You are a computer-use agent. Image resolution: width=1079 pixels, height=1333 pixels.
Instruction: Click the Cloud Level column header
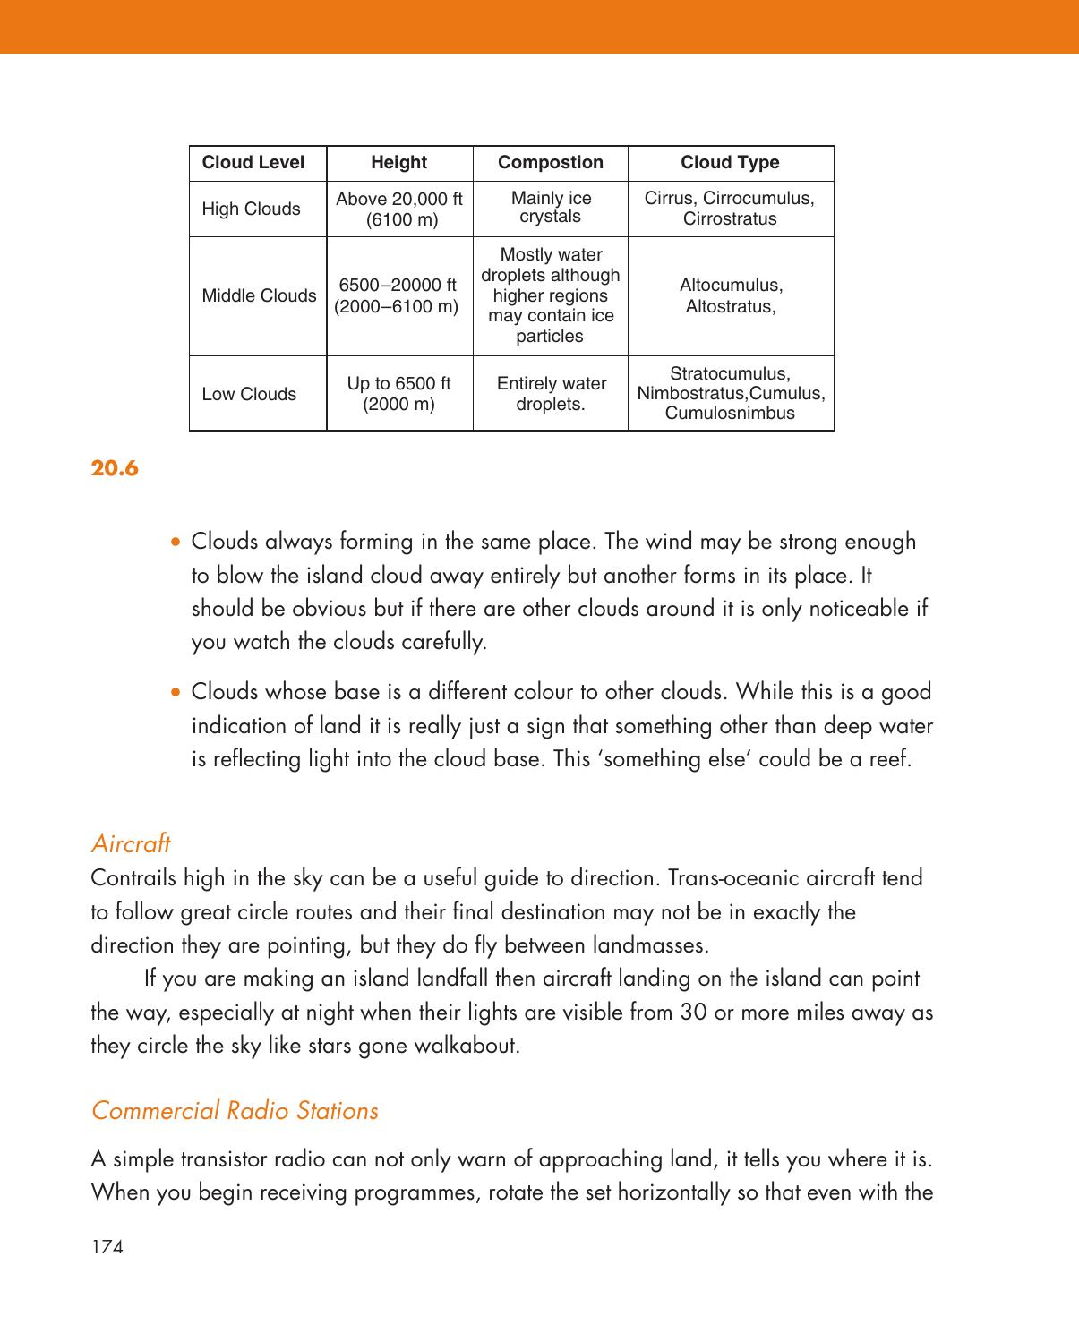click(253, 163)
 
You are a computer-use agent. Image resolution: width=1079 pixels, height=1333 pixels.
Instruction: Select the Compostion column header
click(550, 163)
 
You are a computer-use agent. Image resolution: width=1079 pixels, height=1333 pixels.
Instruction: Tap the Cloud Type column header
click(730, 163)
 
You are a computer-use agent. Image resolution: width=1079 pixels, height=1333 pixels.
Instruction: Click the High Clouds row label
click(251, 209)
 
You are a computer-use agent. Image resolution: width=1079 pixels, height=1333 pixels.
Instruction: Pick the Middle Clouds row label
click(259, 296)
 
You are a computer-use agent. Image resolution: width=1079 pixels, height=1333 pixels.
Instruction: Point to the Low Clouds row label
click(249, 395)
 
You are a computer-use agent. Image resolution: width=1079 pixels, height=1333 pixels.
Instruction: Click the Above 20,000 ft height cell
click(399, 209)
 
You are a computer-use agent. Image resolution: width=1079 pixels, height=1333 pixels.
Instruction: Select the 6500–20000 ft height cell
click(397, 296)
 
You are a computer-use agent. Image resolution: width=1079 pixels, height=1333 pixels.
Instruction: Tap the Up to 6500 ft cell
click(398, 394)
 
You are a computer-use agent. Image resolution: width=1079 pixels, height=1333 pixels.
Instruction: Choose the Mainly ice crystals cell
click(551, 208)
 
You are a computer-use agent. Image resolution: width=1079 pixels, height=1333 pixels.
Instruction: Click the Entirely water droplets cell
click(551, 394)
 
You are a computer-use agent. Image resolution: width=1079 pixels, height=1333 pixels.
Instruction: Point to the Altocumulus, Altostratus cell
click(731, 296)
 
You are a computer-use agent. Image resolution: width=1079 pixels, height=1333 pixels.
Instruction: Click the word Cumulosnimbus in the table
click(730, 414)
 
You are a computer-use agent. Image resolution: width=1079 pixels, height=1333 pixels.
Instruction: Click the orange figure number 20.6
click(115, 468)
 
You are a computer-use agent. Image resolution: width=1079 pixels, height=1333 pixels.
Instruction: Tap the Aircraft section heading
click(131, 843)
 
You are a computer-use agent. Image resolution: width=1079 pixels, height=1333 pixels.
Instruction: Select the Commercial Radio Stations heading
click(235, 1111)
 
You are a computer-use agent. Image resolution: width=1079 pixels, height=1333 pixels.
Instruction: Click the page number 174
click(107, 1246)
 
